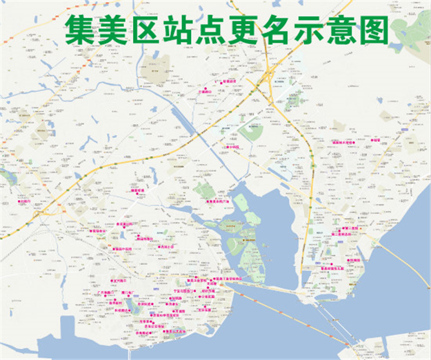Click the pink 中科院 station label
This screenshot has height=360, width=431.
click(x=233, y=147)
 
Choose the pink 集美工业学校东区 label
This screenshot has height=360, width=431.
click(x=224, y=279)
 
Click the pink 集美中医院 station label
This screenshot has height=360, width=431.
click(x=123, y=249)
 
